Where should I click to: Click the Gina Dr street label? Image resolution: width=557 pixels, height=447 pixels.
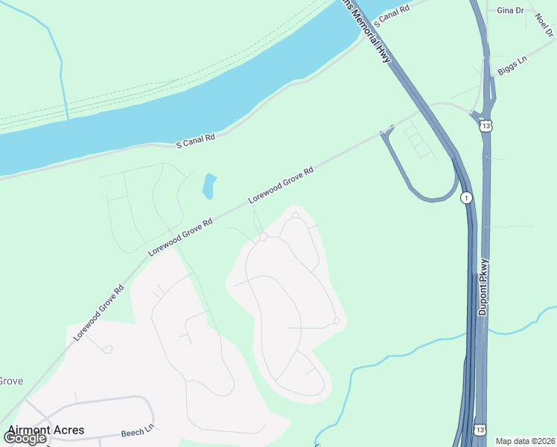[510, 11]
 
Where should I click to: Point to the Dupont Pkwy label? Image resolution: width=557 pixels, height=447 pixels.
[483, 287]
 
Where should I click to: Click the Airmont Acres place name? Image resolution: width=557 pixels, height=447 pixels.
[46, 430]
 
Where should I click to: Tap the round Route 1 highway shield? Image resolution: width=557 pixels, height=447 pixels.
[466, 197]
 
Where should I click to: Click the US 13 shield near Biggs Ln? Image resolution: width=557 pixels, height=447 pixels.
[486, 125]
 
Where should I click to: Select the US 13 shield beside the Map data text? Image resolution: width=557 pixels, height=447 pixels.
[480, 430]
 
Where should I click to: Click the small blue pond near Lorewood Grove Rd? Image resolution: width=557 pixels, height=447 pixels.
[209, 186]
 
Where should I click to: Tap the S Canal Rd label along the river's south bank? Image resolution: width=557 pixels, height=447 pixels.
[195, 139]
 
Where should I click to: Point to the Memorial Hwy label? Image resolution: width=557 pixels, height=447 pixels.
[373, 34]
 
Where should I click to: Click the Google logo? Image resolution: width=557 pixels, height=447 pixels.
[24, 437]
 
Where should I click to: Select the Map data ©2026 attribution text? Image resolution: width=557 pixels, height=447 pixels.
[525, 441]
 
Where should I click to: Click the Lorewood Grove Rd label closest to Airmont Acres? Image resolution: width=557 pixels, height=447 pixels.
[98, 313]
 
